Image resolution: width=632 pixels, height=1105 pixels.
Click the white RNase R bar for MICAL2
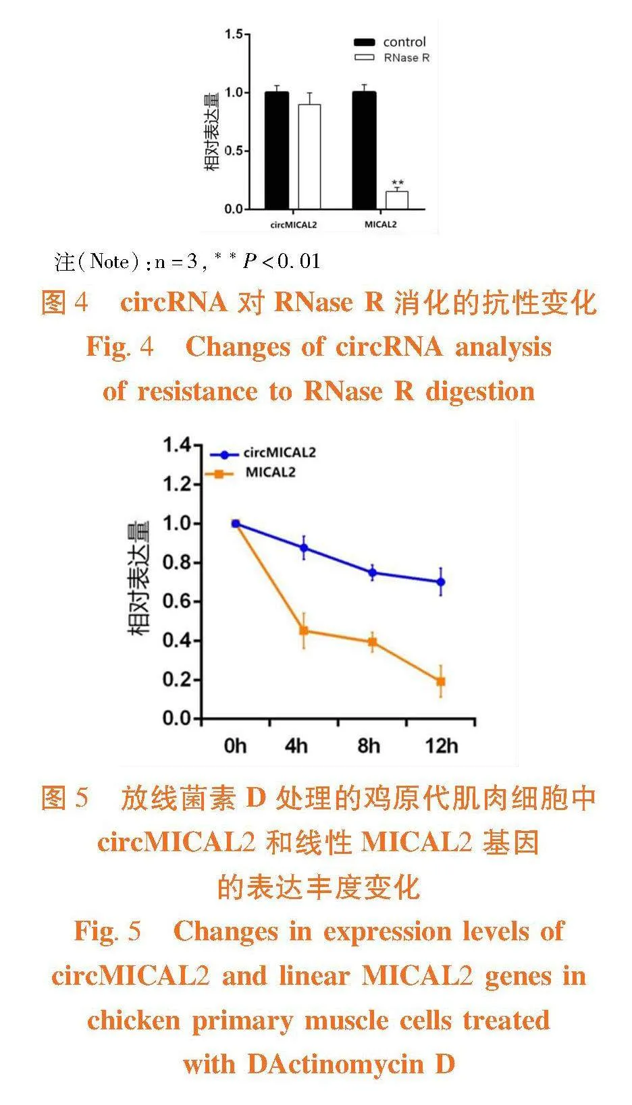396,200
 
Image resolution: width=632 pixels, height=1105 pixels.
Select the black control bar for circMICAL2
276,150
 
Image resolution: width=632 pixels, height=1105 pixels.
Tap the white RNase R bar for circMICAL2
309,157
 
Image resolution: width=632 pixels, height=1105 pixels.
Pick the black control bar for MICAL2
364,150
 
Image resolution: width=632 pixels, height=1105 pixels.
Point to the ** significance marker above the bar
398,183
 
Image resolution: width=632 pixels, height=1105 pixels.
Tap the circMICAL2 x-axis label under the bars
294,224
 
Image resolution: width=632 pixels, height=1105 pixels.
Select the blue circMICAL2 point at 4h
304,547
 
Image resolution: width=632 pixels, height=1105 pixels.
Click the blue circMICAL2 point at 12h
441,582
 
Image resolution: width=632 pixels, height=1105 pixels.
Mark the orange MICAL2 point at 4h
304,630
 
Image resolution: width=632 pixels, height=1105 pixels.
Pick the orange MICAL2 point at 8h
372,642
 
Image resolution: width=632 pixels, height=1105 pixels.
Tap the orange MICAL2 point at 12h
441,682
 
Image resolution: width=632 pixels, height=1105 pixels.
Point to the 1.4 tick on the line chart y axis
177,446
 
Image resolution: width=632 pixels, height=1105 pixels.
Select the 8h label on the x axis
369,746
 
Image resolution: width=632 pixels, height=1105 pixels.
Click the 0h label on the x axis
235,746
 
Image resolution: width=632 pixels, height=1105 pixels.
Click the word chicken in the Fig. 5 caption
133,1020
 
